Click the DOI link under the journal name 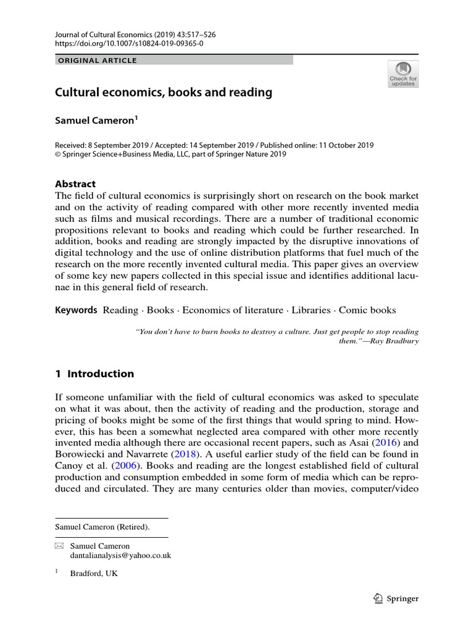tap(129, 45)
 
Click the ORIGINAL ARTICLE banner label tap(96, 61)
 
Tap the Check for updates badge tap(403, 74)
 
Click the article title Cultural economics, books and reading tap(164, 93)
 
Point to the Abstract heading tap(75, 184)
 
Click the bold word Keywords tap(76, 310)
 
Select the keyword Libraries tap(312, 310)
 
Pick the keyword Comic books tap(367, 310)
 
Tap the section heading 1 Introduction tap(94, 373)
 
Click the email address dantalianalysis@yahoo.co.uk tap(120, 556)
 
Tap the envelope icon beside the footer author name tap(59, 546)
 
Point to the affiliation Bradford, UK tap(94, 573)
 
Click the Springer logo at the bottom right tap(397, 598)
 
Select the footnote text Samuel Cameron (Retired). tap(102, 527)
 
